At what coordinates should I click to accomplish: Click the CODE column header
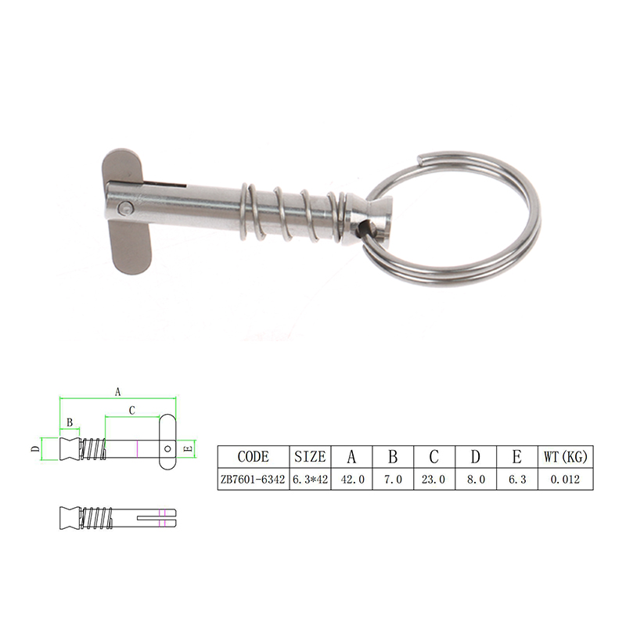(x=253, y=457)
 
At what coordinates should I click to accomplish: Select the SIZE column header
(x=310, y=457)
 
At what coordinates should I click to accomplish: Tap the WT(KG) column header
(x=565, y=457)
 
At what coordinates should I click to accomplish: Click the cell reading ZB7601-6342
(x=253, y=479)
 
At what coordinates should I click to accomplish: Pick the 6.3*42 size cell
(x=310, y=479)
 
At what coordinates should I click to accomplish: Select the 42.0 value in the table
(x=353, y=479)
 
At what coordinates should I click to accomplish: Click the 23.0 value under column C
(x=434, y=479)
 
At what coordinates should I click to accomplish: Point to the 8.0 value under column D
(x=477, y=479)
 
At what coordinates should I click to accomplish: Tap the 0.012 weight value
(x=565, y=479)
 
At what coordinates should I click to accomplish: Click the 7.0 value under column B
(x=393, y=479)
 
